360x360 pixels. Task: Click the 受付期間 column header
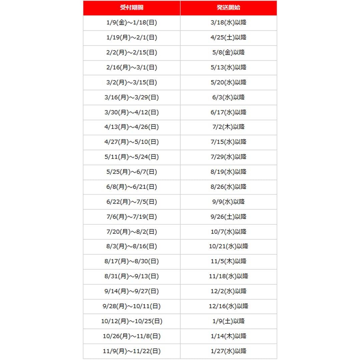(132, 8)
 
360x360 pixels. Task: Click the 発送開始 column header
(228, 8)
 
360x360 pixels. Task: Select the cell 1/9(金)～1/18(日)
(132, 23)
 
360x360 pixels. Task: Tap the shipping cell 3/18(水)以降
(228, 23)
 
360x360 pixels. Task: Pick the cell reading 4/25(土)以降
(228, 38)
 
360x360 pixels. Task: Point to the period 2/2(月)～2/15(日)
(132, 53)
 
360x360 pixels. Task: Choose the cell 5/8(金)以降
(228, 53)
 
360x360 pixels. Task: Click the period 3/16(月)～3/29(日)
(132, 97)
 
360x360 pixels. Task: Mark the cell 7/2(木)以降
(228, 127)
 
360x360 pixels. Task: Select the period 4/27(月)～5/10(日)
(132, 142)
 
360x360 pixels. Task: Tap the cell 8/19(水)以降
(228, 172)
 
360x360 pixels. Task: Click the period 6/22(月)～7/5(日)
(132, 202)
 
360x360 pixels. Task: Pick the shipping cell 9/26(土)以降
(228, 217)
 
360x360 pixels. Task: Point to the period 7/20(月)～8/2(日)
(132, 232)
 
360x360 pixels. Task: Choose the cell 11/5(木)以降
(228, 261)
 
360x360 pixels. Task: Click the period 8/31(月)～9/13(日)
(132, 276)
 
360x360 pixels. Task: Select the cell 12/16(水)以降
(228, 306)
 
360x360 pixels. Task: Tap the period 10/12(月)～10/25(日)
(132, 321)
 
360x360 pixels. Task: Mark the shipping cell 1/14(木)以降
(228, 336)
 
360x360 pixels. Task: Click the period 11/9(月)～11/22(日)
(132, 351)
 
